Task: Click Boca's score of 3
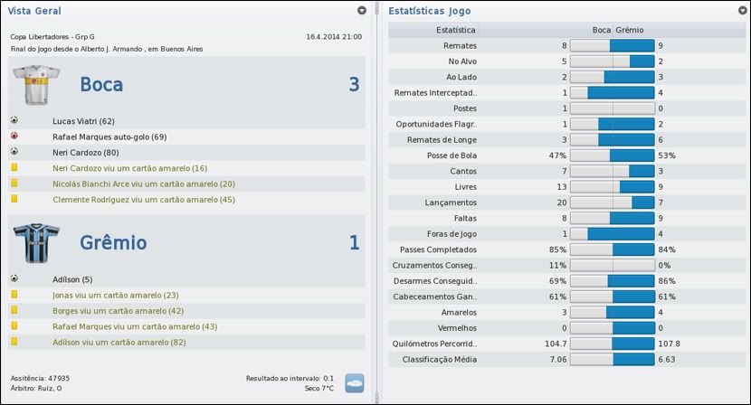(354, 85)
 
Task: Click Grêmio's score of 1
(354, 242)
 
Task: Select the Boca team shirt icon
(36, 86)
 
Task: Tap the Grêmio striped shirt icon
(36, 243)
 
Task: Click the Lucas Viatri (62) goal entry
(83, 120)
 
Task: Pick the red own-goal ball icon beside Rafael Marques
(14, 137)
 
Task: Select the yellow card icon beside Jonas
(14, 295)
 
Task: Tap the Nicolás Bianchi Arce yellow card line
(143, 184)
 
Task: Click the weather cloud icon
(354, 382)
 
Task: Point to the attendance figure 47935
(57, 378)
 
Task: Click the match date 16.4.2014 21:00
(334, 37)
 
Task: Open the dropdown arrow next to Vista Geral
(362, 11)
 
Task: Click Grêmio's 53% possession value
(667, 155)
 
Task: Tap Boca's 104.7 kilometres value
(555, 344)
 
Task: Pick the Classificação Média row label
(440, 360)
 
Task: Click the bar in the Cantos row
(612, 171)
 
